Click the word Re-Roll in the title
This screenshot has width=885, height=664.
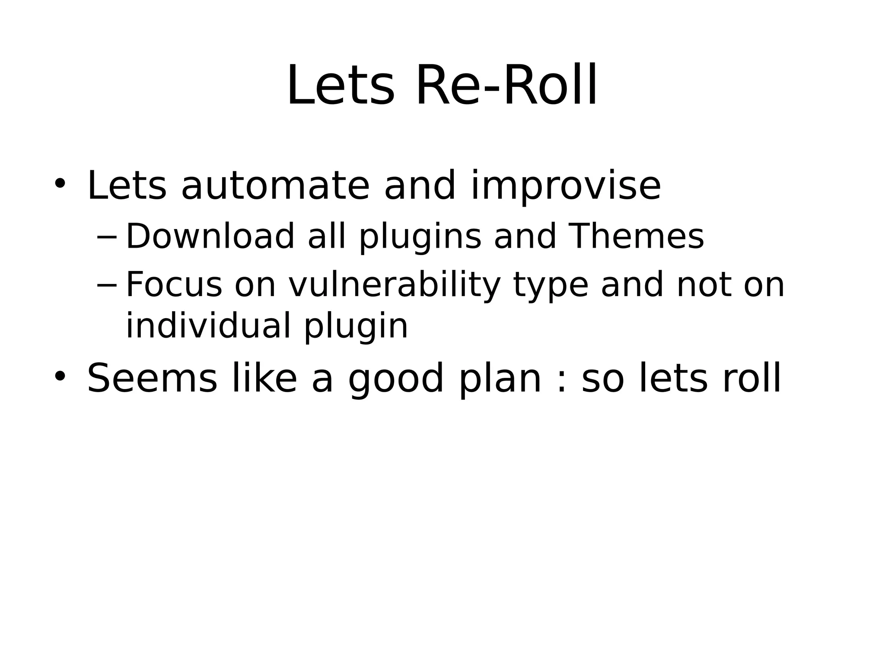pyautogui.click(x=506, y=86)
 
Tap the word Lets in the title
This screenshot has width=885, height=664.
pyautogui.click(x=341, y=86)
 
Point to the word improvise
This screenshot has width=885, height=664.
pyautogui.click(x=566, y=187)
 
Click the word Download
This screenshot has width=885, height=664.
pyautogui.click(x=210, y=236)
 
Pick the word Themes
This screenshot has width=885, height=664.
pyautogui.click(x=637, y=236)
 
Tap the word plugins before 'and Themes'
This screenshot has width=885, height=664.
pyautogui.click(x=420, y=237)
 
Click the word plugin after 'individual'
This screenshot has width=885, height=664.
pyautogui.click(x=356, y=326)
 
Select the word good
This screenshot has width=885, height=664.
pyautogui.click(x=396, y=379)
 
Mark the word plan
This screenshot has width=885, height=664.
pyautogui.click(x=500, y=379)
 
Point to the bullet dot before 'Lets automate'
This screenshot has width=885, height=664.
pyautogui.click(x=60, y=183)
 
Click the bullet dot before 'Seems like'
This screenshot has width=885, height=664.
pyautogui.click(x=60, y=376)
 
